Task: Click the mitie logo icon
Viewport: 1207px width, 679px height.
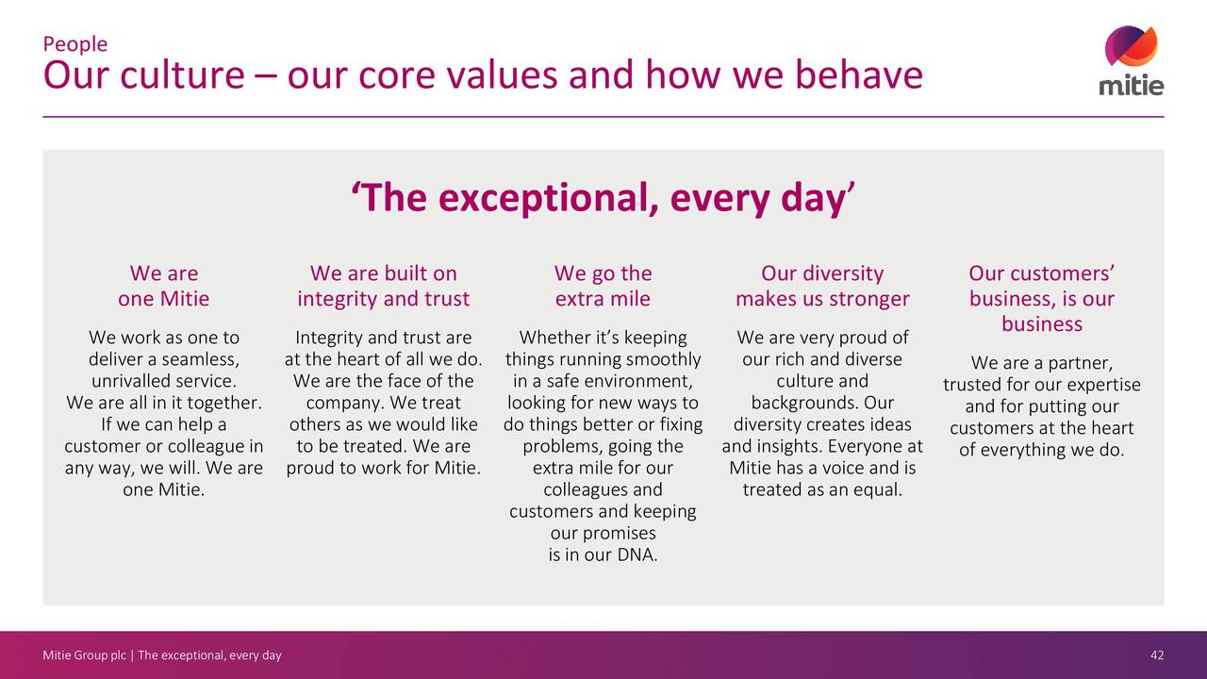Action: (1132, 47)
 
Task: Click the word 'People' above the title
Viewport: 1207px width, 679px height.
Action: (75, 44)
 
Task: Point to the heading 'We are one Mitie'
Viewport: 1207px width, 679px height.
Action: (164, 287)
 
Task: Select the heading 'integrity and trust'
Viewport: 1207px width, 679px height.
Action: (383, 300)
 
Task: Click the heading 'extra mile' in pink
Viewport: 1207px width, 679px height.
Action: (603, 300)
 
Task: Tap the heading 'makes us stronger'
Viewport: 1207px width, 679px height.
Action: (822, 300)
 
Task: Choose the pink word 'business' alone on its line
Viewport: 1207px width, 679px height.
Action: (1041, 324)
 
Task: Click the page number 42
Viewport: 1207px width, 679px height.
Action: (1157, 655)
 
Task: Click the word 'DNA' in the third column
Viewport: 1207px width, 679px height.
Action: (637, 555)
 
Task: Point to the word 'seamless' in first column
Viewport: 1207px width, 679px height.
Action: (199, 360)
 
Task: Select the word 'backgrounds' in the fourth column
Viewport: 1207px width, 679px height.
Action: (803, 404)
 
